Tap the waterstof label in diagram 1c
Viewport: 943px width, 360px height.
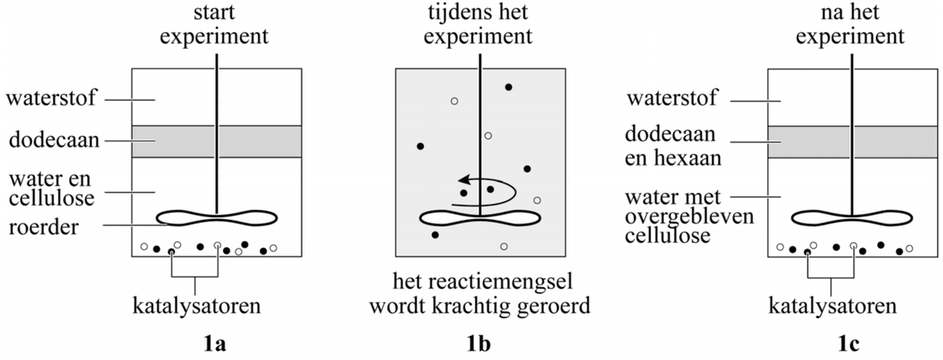(x=675, y=100)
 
